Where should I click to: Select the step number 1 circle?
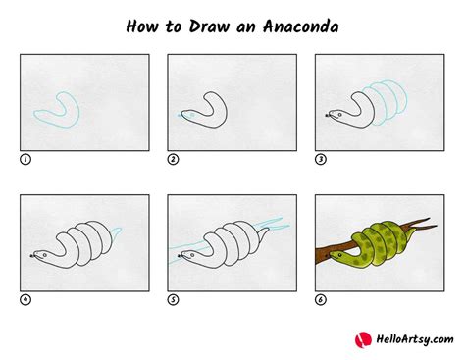(26, 158)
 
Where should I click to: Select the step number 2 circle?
(174, 158)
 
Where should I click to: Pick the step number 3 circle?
(321, 158)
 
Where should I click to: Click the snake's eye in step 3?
(338, 115)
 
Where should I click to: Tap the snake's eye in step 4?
(44, 255)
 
